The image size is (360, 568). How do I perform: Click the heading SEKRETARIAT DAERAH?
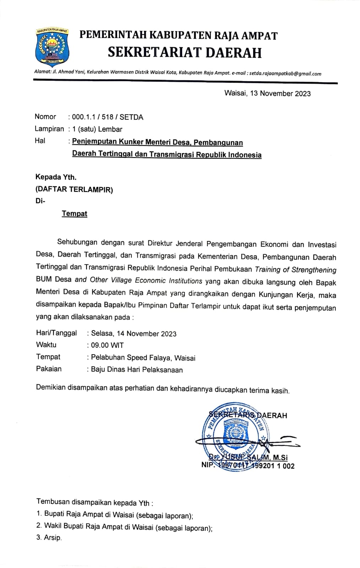coord(185,53)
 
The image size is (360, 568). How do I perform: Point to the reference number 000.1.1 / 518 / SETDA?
coord(108,117)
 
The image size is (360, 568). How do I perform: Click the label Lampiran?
coord(49,129)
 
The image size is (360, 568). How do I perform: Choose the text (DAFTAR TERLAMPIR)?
coord(74,189)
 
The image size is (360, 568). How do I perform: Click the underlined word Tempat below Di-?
coord(75,213)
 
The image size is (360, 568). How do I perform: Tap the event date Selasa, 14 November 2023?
coord(133,333)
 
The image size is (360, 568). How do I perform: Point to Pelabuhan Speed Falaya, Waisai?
coord(143,357)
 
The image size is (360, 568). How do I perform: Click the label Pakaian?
coord(49,369)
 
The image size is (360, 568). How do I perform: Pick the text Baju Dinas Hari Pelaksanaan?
coord(137,370)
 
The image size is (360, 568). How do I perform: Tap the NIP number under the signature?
coord(248,466)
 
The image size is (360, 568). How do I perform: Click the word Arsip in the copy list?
coord(53,538)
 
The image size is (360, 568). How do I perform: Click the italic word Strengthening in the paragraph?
coord(314,270)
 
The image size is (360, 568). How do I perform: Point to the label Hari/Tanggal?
coord(56,333)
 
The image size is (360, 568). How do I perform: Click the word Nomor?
coord(45,117)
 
